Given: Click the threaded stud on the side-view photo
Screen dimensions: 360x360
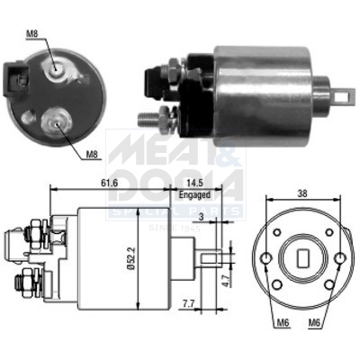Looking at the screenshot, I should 148,118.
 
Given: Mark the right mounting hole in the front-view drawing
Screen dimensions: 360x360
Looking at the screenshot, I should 338,261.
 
